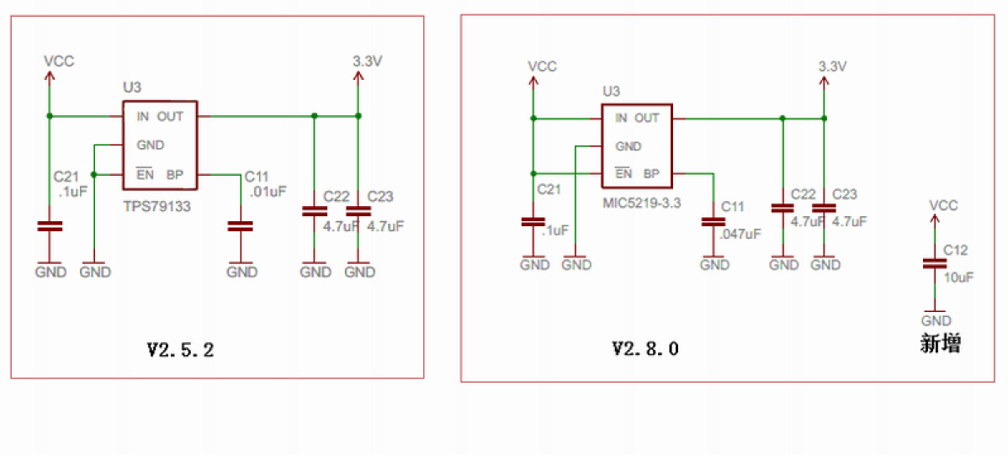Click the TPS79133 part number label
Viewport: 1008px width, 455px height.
coord(157,205)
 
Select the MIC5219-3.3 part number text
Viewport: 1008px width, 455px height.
coord(641,204)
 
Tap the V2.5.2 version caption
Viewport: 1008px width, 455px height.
coord(180,350)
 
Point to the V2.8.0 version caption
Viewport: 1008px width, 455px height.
coord(645,348)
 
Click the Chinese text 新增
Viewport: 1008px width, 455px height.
coord(941,344)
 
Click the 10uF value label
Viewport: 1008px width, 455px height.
coord(959,278)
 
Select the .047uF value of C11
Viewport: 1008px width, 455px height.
coord(740,233)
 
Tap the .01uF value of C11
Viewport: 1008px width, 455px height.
coord(268,191)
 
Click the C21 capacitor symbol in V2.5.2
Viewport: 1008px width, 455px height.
coord(50,226)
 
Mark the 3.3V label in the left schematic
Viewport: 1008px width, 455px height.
coord(368,61)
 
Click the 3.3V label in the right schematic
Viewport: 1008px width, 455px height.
coord(832,66)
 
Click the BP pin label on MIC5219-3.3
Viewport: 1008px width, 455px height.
coord(651,174)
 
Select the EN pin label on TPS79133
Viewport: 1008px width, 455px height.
coord(145,175)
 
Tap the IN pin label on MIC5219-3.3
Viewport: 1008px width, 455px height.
coord(621,118)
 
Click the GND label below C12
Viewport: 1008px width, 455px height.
coord(936,320)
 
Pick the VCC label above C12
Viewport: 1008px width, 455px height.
coord(943,205)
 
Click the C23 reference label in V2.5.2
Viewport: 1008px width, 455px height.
coord(380,197)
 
